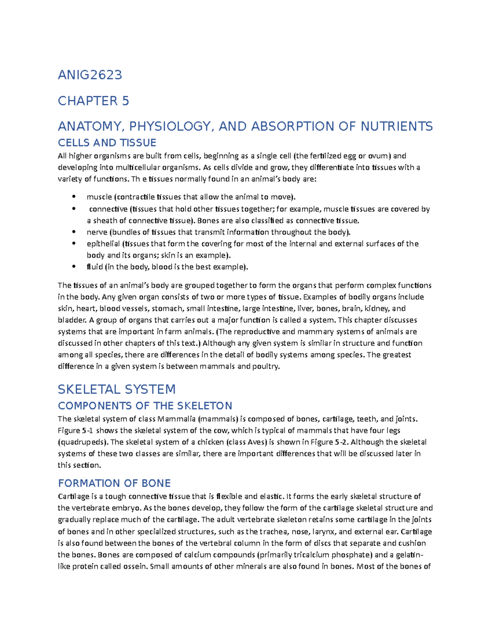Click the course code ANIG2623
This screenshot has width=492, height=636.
tap(90, 75)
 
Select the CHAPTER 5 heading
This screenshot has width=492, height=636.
tap(93, 101)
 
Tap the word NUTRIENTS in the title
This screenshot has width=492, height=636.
tap(396, 126)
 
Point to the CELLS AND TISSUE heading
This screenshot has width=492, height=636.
tap(107, 143)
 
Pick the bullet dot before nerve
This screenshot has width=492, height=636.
tap(74, 232)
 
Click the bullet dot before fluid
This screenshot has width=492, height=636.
tap(74, 267)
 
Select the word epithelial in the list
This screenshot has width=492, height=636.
tap(103, 244)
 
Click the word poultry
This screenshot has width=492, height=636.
tap(266, 366)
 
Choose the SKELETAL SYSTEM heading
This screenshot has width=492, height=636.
tap(116, 389)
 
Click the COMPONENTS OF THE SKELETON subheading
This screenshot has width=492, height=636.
tap(145, 406)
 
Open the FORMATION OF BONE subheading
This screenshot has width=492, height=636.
tap(114, 483)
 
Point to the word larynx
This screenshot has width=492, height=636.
tap(324, 532)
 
